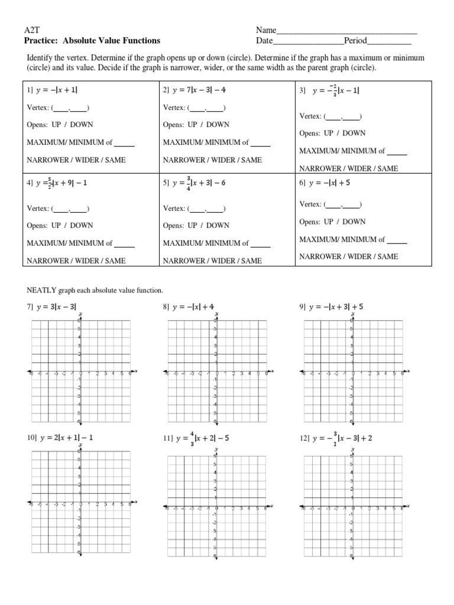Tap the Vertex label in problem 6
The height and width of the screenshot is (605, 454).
[310, 204]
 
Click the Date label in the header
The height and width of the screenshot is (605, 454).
[264, 41]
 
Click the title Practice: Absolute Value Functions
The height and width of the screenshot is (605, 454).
[92, 41]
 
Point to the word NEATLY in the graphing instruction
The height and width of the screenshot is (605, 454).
[40, 291]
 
